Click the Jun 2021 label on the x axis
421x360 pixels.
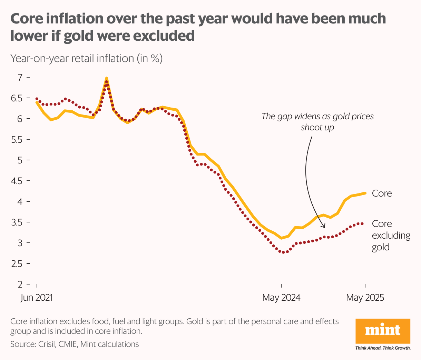[37, 298]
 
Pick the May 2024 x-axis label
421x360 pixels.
[281, 298]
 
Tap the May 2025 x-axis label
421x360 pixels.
[365, 298]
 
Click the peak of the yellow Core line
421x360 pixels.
[107, 78]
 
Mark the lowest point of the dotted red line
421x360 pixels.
[284, 252]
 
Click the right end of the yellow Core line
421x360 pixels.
[365, 193]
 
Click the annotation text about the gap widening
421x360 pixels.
[317, 122]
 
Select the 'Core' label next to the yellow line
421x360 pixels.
[382, 193]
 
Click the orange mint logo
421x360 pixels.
[383, 331]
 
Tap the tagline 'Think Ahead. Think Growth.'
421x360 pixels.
[383, 348]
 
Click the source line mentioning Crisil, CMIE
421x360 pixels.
[75, 344]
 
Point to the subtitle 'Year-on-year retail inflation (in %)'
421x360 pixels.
[86, 58]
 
